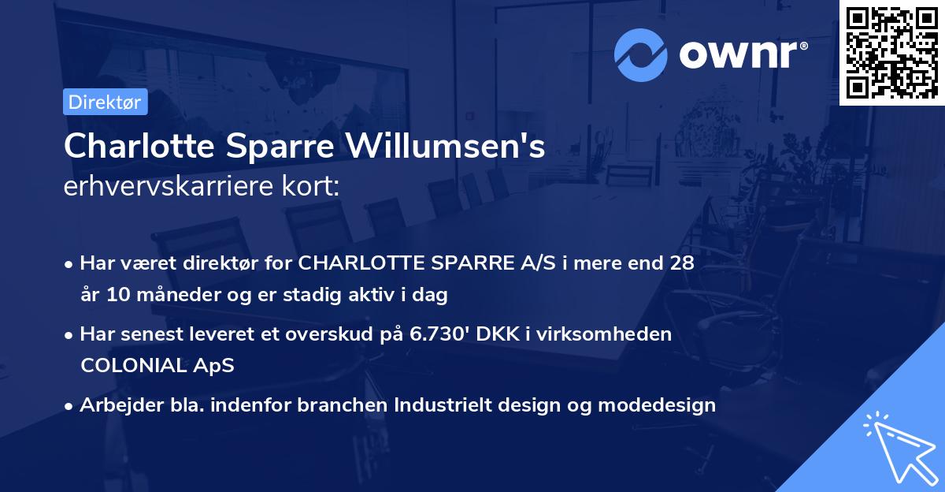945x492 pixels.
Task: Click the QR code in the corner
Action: pos(891,52)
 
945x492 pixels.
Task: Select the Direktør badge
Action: pos(105,101)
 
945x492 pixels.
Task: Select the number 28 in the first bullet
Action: pos(682,263)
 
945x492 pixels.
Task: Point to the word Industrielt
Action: pos(445,405)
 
